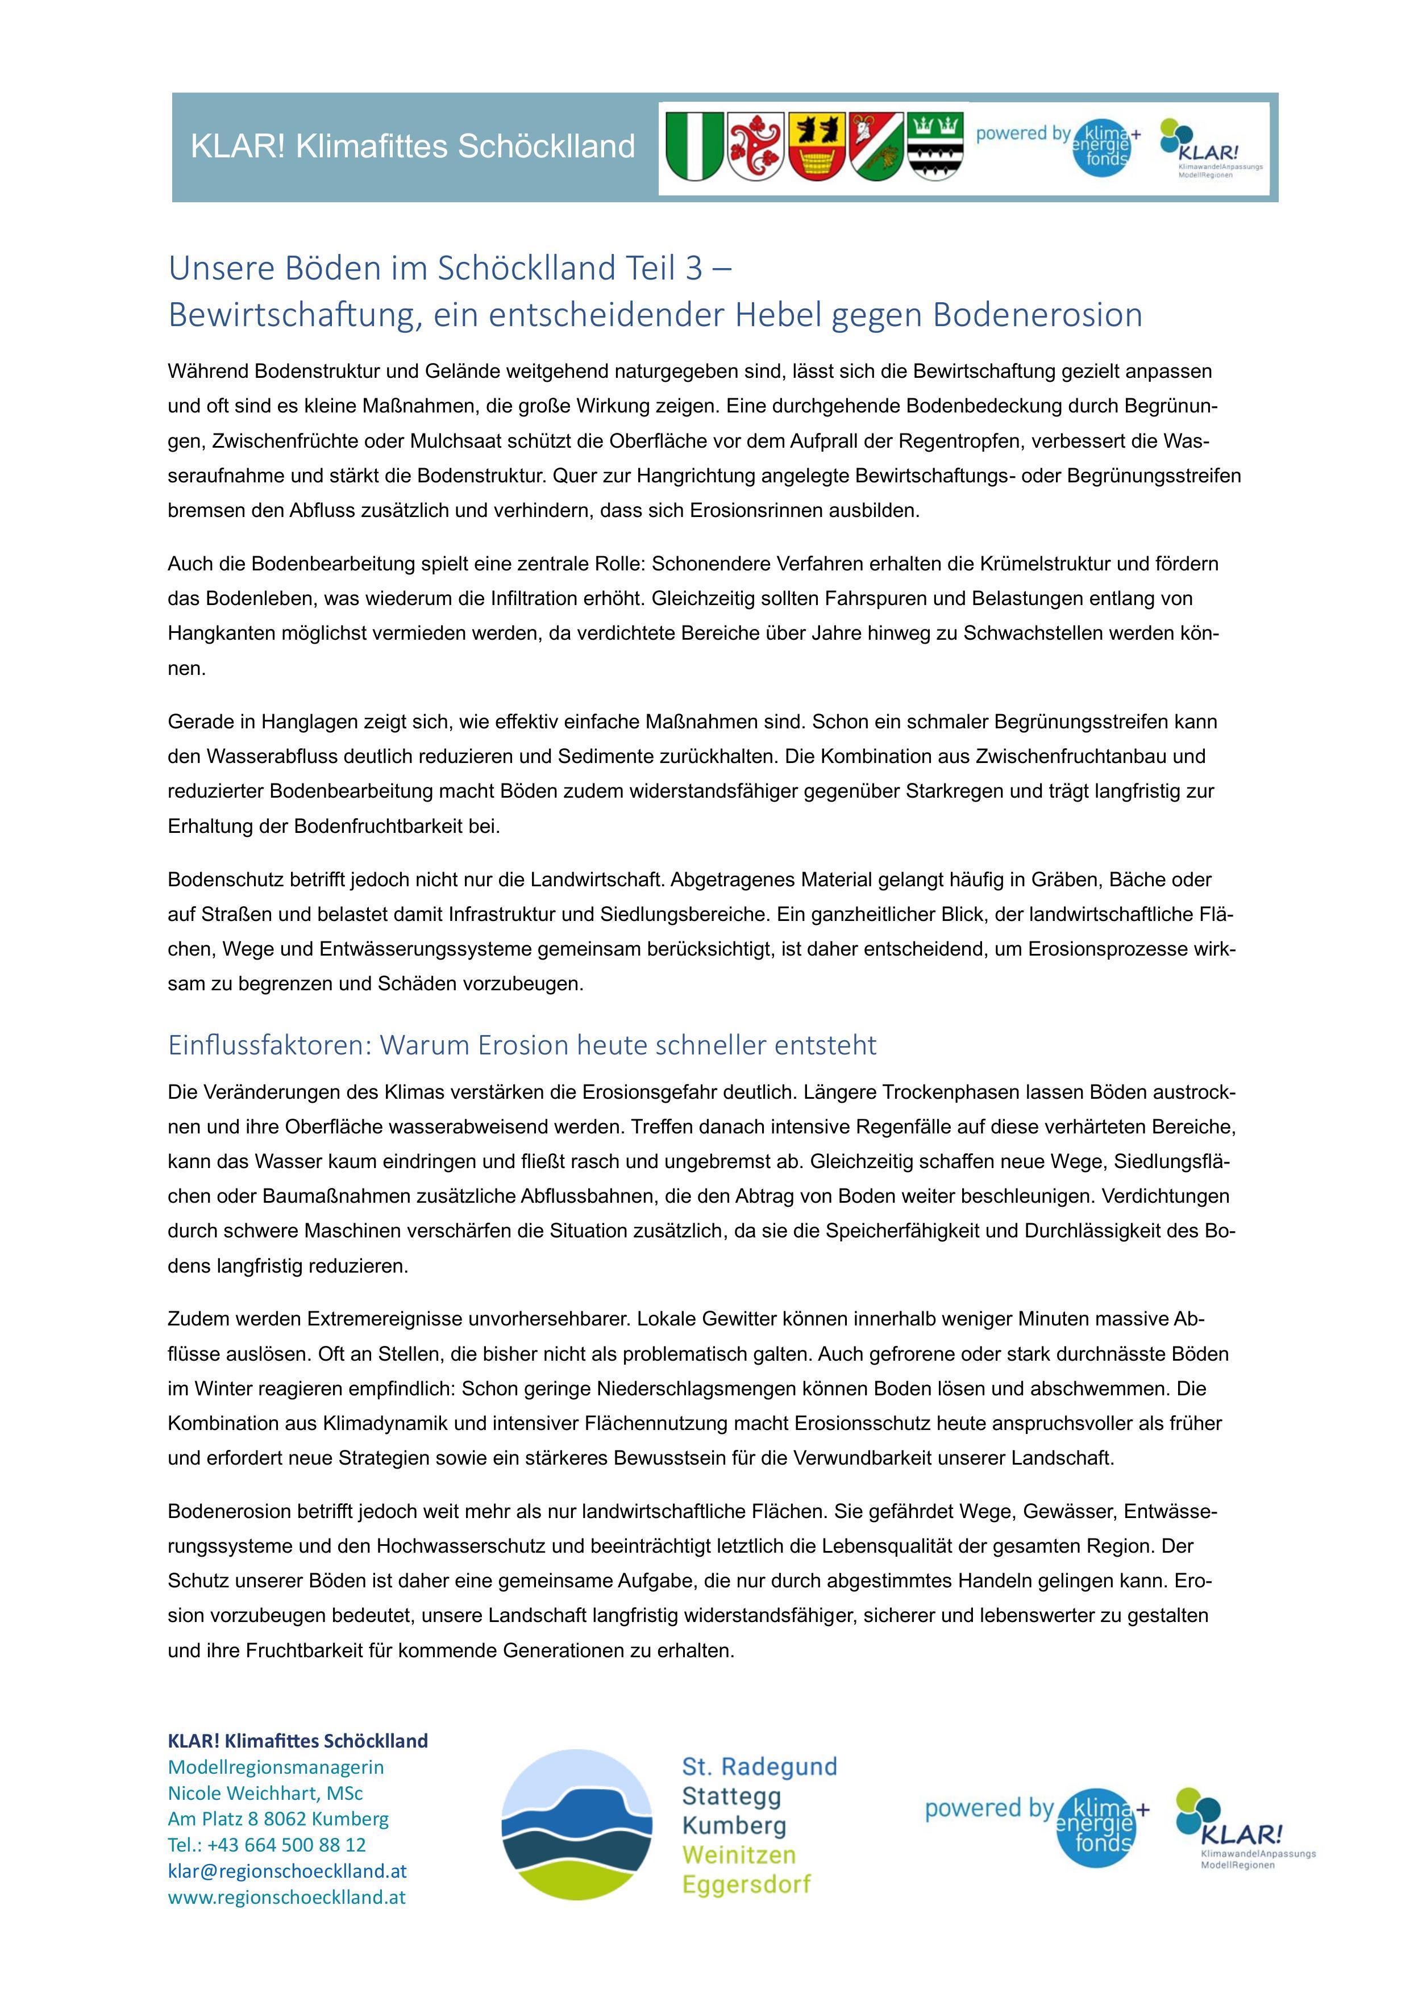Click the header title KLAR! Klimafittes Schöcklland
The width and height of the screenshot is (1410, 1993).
413,147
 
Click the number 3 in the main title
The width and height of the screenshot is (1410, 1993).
694,269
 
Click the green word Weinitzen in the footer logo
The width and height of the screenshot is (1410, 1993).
739,1855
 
